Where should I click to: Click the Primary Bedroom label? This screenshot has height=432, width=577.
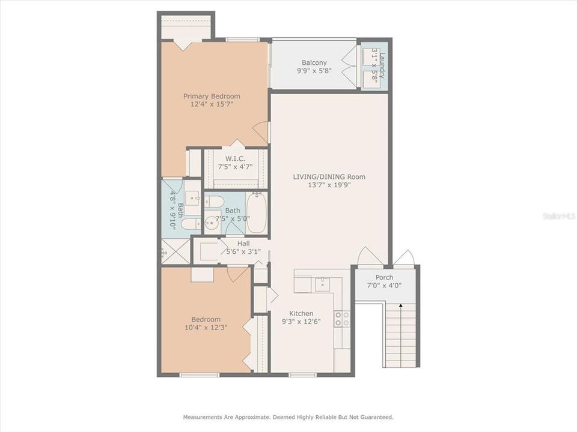click(212, 96)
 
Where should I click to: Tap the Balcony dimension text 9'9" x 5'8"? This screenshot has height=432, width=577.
click(314, 71)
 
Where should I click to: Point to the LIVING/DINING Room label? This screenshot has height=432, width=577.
click(329, 176)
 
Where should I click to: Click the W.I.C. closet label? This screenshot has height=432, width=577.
click(235, 158)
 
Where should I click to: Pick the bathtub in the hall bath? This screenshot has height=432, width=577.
click(255, 213)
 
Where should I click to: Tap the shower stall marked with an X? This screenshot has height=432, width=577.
click(175, 252)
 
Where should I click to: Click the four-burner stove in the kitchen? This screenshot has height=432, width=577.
click(342, 319)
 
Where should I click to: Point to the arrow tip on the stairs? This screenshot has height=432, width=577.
click(401, 306)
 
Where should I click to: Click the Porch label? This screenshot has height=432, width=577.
click(384, 277)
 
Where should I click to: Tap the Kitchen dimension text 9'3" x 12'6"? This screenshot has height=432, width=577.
click(301, 322)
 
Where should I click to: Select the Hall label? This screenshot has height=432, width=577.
click(243, 244)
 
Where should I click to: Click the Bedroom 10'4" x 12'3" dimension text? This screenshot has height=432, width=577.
click(206, 328)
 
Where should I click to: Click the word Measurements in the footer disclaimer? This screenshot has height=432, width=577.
click(203, 416)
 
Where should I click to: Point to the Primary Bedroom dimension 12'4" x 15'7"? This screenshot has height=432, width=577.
click(212, 104)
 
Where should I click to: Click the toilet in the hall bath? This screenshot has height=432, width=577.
click(215, 201)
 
